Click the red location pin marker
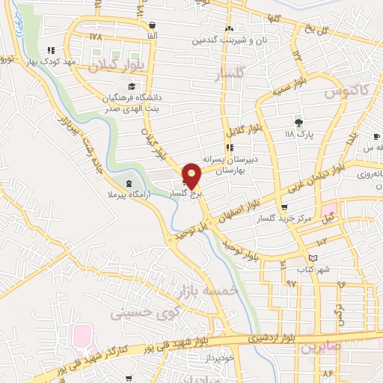point(192,176)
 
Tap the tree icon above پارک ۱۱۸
point(299,121)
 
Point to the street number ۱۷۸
point(95,36)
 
